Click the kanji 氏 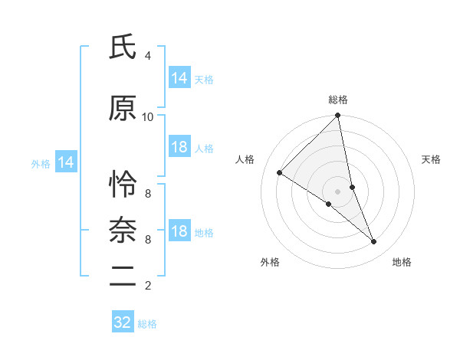point(123,48)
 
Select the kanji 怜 point(123,185)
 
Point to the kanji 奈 point(123,230)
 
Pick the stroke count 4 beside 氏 point(148,56)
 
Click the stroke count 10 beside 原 point(148,116)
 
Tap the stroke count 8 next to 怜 point(148,193)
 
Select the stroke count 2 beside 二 point(148,286)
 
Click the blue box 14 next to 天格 point(179,78)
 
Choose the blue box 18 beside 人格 point(179,147)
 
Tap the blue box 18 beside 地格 point(179,231)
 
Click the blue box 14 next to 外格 point(65,162)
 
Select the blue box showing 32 point(123,322)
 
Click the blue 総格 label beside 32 point(147,324)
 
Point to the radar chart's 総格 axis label point(338,100)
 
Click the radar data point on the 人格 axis point(280,172)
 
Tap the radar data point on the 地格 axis point(374,242)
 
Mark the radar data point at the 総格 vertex point(338,116)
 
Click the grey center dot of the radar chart point(338,191)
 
